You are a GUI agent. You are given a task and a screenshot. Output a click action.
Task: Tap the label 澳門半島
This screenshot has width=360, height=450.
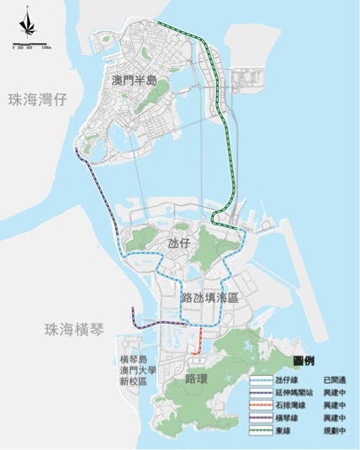point(135,81)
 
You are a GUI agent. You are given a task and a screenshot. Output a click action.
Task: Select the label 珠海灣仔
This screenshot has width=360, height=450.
point(37,100)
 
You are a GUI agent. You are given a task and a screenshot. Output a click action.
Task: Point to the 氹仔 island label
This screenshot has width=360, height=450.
point(179,242)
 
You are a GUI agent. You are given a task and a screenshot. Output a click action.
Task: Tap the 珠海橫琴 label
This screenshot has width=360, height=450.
point(74,329)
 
